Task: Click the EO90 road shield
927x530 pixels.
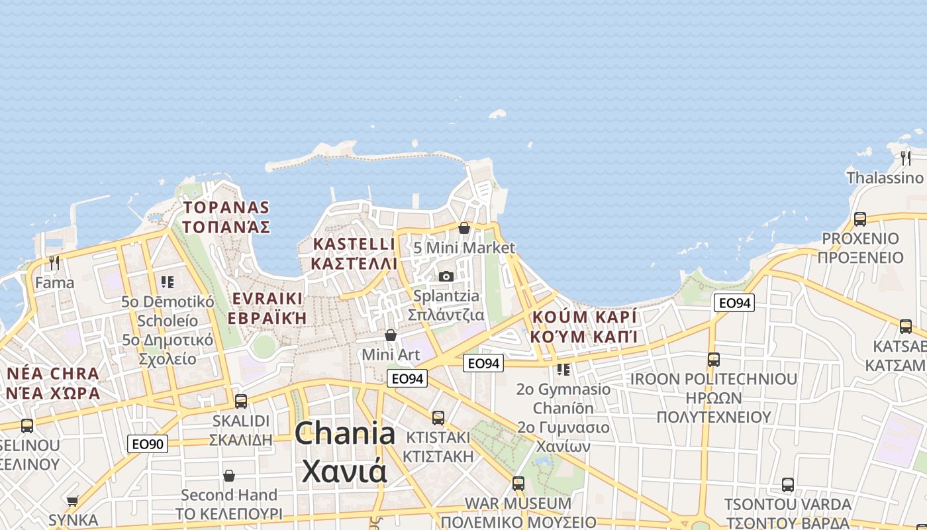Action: (x=147, y=444)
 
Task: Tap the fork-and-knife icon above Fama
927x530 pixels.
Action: (x=54, y=263)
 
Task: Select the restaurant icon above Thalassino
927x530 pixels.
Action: (x=906, y=158)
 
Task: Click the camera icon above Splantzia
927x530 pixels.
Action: (x=446, y=276)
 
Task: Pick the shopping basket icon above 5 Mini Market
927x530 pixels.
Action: (x=464, y=229)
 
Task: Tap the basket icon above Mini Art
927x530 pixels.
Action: (x=391, y=335)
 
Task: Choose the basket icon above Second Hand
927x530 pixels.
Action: (x=229, y=476)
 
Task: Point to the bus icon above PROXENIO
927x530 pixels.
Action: (x=859, y=219)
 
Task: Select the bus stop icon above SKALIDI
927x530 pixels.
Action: (x=241, y=401)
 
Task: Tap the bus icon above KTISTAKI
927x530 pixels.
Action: (x=438, y=418)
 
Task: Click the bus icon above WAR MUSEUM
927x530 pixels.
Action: (x=518, y=484)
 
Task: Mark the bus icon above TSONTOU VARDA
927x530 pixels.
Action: (x=787, y=484)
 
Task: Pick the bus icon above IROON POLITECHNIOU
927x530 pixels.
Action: (x=713, y=360)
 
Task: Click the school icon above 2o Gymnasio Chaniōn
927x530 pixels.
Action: (x=563, y=369)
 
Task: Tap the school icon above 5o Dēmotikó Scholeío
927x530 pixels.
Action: (x=168, y=282)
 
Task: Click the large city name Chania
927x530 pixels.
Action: (x=345, y=434)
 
